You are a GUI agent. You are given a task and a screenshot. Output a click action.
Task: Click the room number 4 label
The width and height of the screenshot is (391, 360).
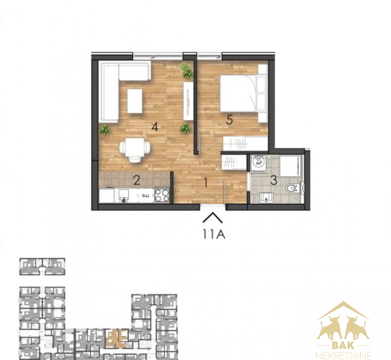click(x=155, y=127)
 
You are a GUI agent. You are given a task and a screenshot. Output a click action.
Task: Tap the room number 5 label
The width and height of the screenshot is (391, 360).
click(x=229, y=120)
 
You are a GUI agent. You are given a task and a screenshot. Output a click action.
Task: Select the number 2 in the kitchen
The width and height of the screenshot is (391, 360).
click(x=136, y=180)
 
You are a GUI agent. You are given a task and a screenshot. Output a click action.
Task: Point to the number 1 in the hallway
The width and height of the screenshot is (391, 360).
click(x=206, y=183)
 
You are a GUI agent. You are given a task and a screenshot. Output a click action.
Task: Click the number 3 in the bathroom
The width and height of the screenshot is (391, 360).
click(x=274, y=180)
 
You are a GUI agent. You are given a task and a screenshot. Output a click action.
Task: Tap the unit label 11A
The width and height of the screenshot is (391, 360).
click(x=214, y=234)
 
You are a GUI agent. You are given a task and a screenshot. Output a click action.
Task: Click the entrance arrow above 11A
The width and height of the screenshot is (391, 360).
click(x=212, y=217)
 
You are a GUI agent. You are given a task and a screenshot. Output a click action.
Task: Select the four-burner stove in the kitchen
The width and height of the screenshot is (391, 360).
click(x=162, y=195)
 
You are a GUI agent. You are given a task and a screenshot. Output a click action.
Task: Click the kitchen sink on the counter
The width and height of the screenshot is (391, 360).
click(x=123, y=195)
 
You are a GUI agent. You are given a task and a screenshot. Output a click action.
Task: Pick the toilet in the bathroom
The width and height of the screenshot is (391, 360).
click(x=292, y=188)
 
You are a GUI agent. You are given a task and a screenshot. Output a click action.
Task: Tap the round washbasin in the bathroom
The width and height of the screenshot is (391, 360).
click(x=258, y=162)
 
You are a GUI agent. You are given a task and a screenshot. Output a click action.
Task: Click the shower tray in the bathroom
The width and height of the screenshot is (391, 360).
click(x=290, y=166)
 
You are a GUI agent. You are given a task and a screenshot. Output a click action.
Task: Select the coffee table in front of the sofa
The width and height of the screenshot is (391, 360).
click(x=134, y=101)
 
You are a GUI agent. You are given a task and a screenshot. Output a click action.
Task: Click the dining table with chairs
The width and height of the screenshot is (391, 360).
click(x=135, y=150)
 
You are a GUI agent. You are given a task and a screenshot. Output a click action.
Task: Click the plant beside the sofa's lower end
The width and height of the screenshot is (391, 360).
click(x=105, y=129)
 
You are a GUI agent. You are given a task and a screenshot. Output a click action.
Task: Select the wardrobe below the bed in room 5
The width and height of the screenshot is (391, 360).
click(x=246, y=143)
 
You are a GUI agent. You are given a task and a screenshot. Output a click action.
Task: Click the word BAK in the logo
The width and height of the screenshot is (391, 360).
click(x=343, y=346)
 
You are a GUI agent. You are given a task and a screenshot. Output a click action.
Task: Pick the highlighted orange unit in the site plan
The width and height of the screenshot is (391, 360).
click(x=116, y=338)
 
